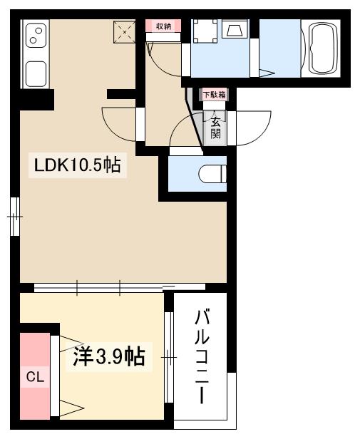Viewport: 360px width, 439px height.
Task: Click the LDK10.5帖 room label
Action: click(77, 166)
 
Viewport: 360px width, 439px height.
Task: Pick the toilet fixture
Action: click(212, 174)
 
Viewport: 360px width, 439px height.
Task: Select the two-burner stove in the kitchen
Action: click(35, 35)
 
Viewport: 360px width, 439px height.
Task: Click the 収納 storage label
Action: click(163, 26)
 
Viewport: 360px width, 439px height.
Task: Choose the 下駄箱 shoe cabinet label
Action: click(212, 94)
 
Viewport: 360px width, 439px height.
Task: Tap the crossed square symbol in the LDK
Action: click(125, 31)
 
